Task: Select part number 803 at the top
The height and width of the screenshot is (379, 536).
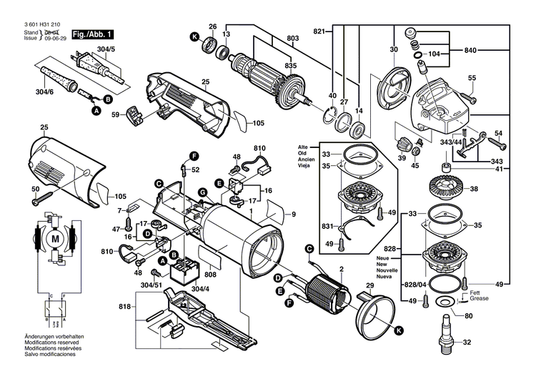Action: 293,37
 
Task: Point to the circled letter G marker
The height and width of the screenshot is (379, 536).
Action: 202,191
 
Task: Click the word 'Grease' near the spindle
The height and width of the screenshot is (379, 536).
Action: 479,298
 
